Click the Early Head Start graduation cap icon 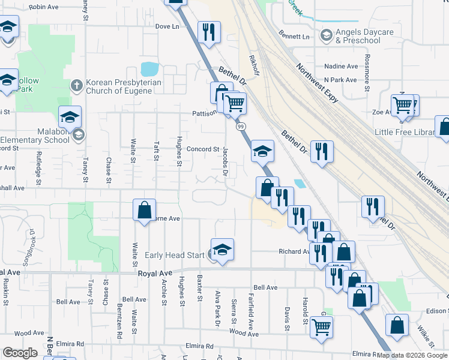222,250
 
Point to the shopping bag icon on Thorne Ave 144,211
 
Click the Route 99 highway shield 240,127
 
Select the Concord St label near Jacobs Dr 203,149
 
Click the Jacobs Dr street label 226,161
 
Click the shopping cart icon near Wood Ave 322,328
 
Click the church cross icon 76,85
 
